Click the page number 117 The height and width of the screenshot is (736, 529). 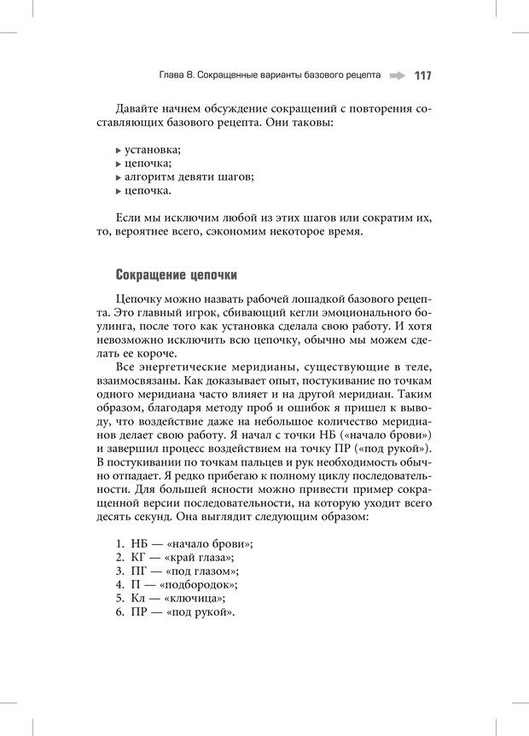pos(422,75)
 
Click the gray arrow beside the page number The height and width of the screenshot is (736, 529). pos(397,75)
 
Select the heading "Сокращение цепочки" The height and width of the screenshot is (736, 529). pos(176,275)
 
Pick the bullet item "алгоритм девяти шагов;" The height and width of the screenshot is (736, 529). pos(189,177)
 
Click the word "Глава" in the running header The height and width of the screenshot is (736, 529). pos(172,75)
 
